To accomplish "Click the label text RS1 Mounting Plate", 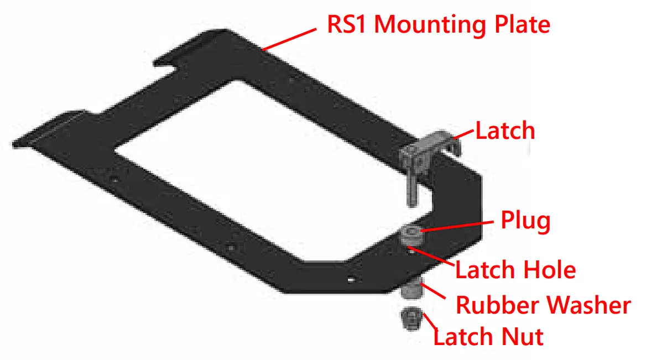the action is (439, 25).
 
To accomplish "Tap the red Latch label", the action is (505, 131).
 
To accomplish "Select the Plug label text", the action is (525, 221).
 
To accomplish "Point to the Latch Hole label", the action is (515, 270).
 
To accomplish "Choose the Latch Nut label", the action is (488, 336).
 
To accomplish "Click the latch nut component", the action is (409, 320).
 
